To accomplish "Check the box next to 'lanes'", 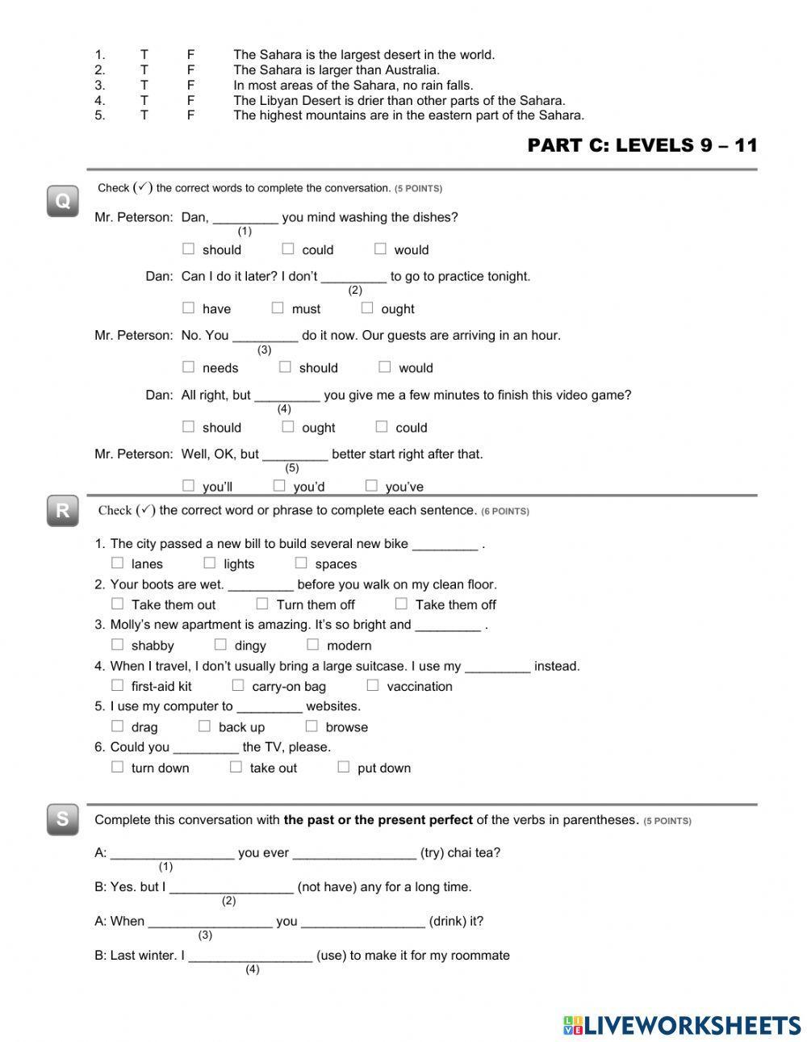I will point(118,563).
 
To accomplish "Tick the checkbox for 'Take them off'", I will point(401,603).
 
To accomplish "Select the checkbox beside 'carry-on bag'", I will point(238,685).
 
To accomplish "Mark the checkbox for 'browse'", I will point(312,726).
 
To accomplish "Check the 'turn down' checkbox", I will point(118,767).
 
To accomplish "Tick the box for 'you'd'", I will point(279,485).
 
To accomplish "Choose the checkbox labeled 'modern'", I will point(313,644).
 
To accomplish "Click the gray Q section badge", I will point(62,200).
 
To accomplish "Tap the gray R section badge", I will point(62,511).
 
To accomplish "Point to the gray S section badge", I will point(62,820).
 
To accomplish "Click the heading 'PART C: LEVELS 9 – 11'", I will point(642,145).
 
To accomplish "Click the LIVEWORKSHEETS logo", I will point(682,1025).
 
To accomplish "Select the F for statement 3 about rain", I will point(191,85).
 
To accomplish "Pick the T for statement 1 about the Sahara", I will point(144,55).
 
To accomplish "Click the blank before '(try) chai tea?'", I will point(354,852).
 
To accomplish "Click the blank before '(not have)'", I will point(232,886).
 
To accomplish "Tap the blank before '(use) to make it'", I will point(250,955).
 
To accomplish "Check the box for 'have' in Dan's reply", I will point(189,308).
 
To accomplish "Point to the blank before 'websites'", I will point(270,706).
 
